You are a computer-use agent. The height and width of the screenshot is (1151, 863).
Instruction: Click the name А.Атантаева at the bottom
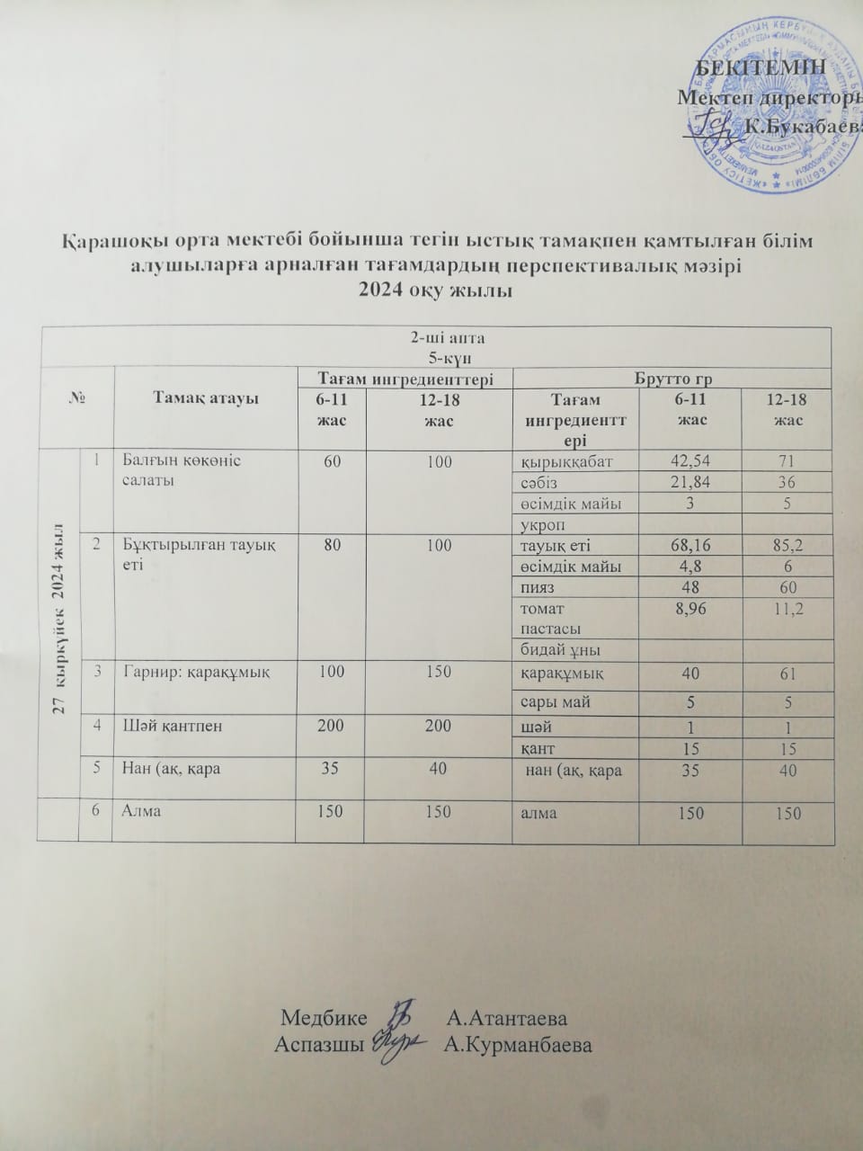pyautogui.click(x=507, y=1020)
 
